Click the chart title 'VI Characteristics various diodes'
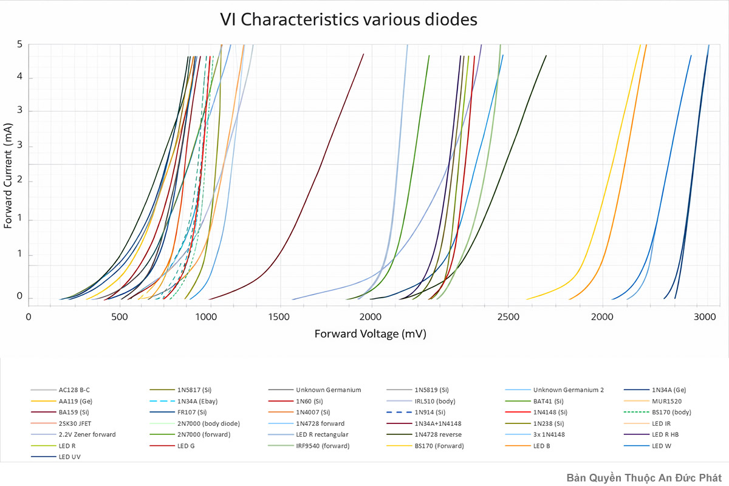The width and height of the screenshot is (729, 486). click(349, 19)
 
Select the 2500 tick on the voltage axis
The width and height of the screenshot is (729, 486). click(508, 317)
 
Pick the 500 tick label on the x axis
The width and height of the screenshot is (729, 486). click(120, 317)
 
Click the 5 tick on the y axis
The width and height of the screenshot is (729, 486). click(20, 44)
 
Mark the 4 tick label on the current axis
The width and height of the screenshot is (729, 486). click(20, 78)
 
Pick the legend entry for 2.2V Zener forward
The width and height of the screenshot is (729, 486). click(87, 435)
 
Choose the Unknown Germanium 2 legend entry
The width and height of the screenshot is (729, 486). click(569, 390)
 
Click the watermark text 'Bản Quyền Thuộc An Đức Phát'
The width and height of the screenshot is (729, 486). click(644, 477)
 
